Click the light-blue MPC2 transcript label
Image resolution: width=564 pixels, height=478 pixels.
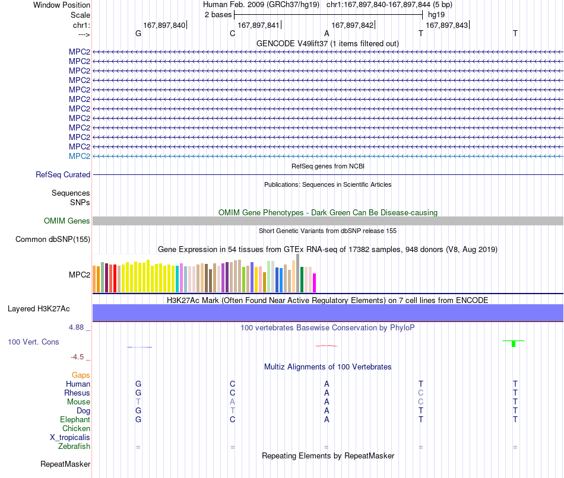[x=80, y=157]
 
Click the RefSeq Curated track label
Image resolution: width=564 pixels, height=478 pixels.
[x=63, y=175]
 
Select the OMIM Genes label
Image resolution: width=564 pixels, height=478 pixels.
[x=67, y=221]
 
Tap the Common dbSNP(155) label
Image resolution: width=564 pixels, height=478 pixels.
[x=53, y=240]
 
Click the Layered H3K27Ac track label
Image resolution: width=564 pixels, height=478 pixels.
[x=39, y=309]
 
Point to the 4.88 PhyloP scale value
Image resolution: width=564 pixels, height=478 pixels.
[x=76, y=327]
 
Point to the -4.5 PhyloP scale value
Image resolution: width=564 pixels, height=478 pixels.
[x=77, y=357]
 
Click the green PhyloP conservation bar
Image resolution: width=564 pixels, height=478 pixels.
[x=514, y=343]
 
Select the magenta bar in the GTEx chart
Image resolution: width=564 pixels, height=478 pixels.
[x=315, y=283]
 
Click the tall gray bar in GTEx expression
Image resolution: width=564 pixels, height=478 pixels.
[x=298, y=273]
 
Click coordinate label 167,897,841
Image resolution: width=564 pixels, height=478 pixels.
[x=258, y=25]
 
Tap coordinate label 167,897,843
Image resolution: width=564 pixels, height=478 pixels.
[x=446, y=25]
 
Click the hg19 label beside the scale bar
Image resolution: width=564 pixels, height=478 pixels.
[x=436, y=15]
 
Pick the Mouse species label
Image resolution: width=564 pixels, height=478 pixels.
[x=78, y=402]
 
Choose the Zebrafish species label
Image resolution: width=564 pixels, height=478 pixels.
[x=74, y=447]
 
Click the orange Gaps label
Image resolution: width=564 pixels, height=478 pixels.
[x=81, y=375]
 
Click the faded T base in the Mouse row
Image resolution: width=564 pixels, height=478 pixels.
[x=138, y=402]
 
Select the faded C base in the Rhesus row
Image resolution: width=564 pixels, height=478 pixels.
[x=421, y=393]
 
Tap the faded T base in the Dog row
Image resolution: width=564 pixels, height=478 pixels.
[x=232, y=410]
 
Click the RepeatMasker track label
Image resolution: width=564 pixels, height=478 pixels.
[x=65, y=464]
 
